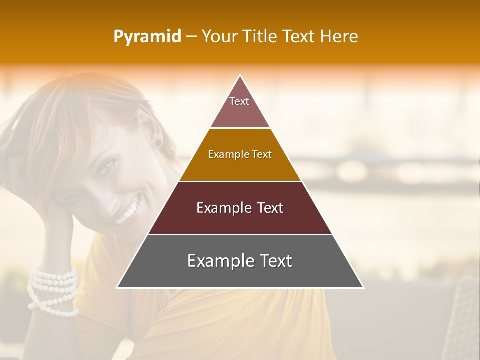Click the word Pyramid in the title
pos(147,37)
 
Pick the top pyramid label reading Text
pos(239,101)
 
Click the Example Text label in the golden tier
pos(240,154)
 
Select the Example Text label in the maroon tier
pos(240,208)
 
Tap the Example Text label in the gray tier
pos(240,261)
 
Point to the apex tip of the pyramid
pos(240,76)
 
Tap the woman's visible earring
pos(158,143)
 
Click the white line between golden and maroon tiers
pos(240,181)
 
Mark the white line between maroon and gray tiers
pos(240,234)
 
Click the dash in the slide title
pos(191,37)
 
